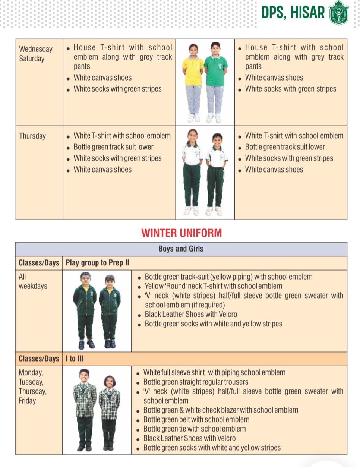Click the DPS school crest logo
(339, 13)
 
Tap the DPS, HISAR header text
(293, 13)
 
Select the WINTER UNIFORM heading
(181, 233)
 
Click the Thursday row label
(32, 136)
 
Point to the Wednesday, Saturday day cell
(36, 54)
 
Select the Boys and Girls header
(181, 249)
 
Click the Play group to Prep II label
(97, 263)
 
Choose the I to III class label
(75, 359)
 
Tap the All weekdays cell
(33, 281)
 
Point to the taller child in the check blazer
(85, 409)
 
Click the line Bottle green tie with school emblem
(194, 429)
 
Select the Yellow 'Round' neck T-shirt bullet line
(213, 286)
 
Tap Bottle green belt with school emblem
(196, 420)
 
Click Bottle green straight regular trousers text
(196, 382)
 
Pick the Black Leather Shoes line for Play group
(191, 314)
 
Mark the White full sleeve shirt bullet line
(214, 372)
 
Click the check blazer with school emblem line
(221, 410)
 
